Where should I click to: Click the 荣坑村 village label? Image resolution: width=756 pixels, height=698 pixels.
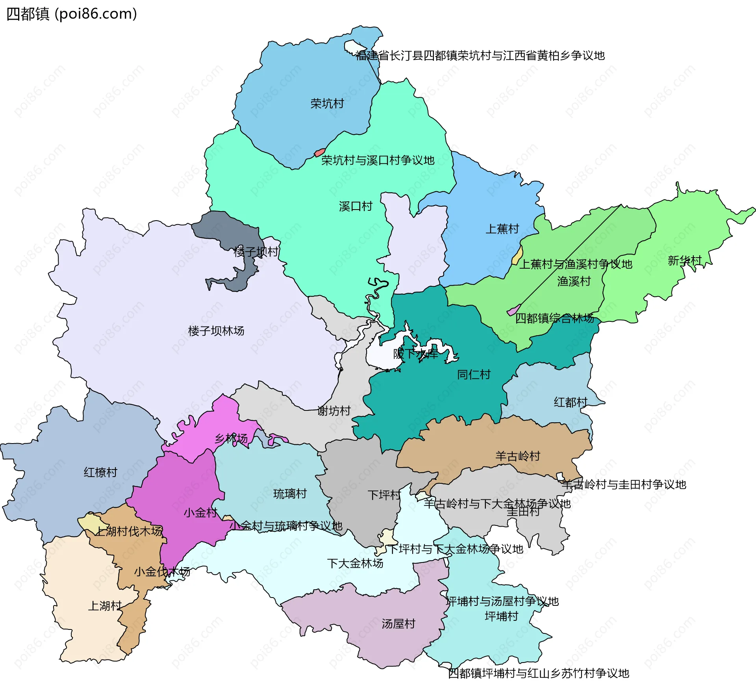click(327, 104)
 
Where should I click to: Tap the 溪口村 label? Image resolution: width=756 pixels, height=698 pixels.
click(356, 206)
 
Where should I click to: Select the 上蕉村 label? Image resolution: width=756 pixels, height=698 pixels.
click(502, 229)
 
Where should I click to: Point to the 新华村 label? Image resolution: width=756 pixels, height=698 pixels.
click(685, 260)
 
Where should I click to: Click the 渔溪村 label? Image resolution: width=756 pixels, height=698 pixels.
click(574, 281)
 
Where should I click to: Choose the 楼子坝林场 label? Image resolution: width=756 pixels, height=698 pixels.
click(216, 331)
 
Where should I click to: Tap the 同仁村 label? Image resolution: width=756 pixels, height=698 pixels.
click(474, 375)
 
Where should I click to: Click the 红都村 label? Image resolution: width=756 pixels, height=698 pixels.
click(571, 402)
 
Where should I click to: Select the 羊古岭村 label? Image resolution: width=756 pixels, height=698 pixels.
click(518, 456)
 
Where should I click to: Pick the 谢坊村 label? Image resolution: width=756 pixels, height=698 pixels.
click(334, 411)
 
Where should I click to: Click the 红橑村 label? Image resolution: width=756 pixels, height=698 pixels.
click(100, 472)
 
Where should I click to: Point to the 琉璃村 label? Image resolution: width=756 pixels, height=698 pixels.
click(290, 494)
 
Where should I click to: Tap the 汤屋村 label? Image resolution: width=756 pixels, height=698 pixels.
click(398, 624)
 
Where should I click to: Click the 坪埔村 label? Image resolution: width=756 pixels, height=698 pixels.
click(501, 616)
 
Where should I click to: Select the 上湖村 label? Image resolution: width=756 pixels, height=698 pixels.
click(104, 606)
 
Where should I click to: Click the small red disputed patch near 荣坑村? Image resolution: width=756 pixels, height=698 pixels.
click(319, 152)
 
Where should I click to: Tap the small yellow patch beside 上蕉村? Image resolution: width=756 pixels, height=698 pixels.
click(517, 256)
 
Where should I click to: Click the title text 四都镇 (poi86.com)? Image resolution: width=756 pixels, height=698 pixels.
click(72, 14)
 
